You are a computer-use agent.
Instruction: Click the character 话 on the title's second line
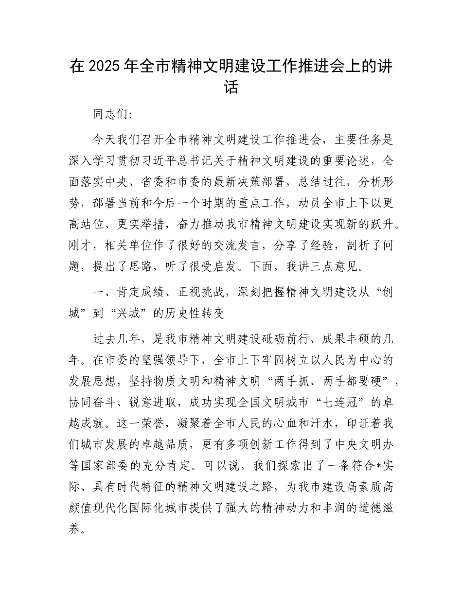click(x=231, y=88)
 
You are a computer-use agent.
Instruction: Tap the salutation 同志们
click(x=108, y=115)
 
